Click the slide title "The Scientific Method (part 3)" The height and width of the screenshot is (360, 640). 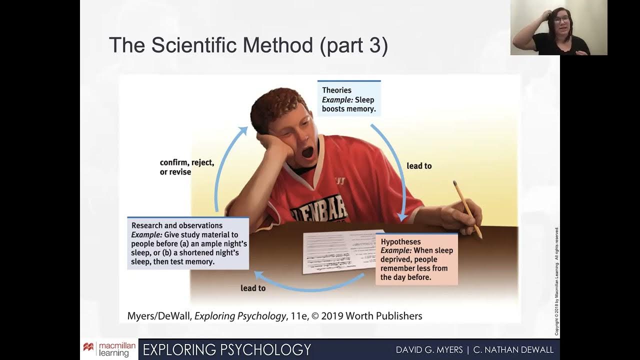pos(248,45)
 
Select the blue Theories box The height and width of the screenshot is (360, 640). pos(349,99)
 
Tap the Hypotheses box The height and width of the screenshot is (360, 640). pos(416,259)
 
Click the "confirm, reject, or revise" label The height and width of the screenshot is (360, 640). pos(186,167)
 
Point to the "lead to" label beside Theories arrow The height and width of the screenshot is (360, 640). pos(419,165)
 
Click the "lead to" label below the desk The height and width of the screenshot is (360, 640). pos(253,288)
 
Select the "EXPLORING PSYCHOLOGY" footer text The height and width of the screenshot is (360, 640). pos(227,349)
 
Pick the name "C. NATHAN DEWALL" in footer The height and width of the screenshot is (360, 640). pos(513,349)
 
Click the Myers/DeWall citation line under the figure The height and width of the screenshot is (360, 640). pos(275,316)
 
